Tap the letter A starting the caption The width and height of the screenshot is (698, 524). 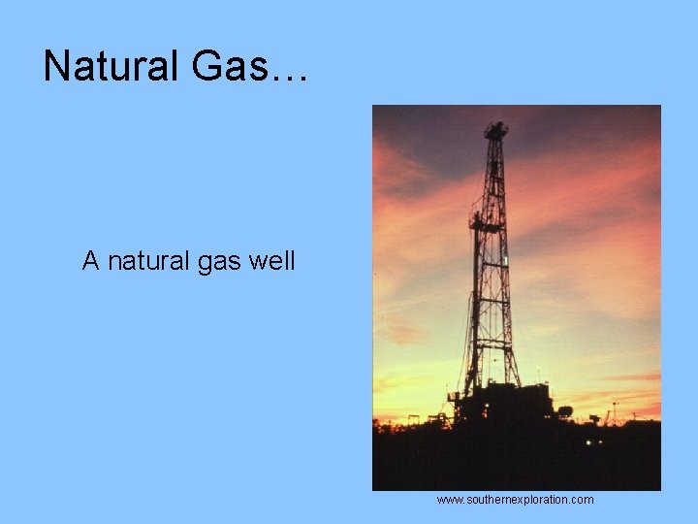coord(91,261)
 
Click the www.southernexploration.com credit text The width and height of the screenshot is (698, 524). coord(515,500)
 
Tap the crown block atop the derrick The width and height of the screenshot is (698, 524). coord(495,129)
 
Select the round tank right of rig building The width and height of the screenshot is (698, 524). coord(564,411)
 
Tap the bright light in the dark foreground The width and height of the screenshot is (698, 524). coord(588,442)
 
